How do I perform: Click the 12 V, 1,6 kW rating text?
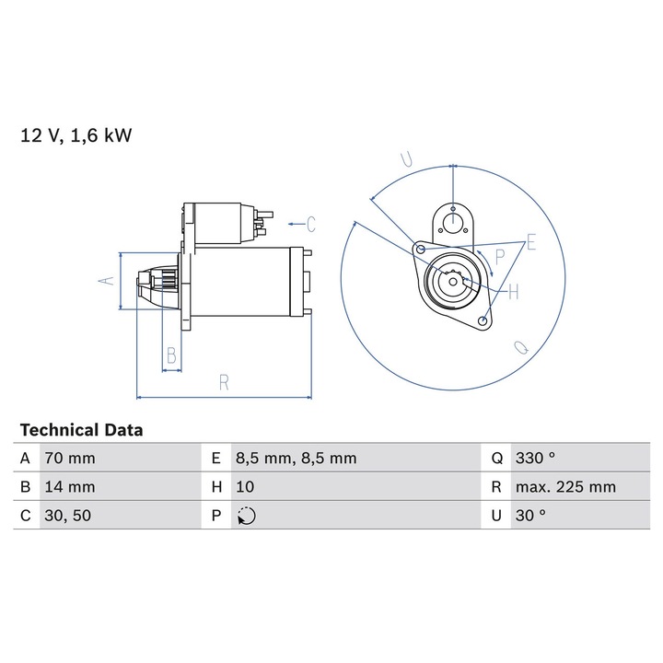pos(76,135)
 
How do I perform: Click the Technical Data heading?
pos(82,430)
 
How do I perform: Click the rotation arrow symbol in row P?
pos(247,516)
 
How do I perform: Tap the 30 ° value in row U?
pos(530,515)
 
